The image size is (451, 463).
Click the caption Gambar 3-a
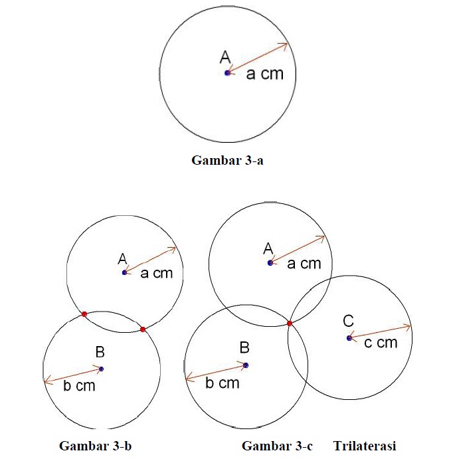(x=227, y=160)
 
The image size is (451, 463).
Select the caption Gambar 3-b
(x=96, y=446)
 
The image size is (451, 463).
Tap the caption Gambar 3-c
(x=277, y=446)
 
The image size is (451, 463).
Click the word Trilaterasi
(x=365, y=446)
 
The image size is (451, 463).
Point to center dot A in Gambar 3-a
(x=227, y=72)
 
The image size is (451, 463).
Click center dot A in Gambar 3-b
(x=125, y=272)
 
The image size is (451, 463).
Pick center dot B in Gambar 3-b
(x=101, y=369)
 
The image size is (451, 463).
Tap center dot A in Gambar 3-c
(x=270, y=262)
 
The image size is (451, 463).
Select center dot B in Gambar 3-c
(x=246, y=365)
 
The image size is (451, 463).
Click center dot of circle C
(x=349, y=338)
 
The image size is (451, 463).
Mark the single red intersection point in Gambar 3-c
(x=290, y=324)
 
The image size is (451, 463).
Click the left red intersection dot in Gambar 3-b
(x=84, y=314)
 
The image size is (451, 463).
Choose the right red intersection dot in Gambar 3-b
(x=143, y=329)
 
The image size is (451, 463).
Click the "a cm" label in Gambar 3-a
(x=265, y=74)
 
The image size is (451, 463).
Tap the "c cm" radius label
(x=381, y=343)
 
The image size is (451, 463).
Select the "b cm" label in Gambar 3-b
(x=80, y=386)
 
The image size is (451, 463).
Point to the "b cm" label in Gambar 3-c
(x=223, y=383)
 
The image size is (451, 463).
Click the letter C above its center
(x=348, y=321)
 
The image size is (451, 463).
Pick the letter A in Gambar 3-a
(x=225, y=57)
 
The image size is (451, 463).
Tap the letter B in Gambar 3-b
(x=100, y=351)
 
